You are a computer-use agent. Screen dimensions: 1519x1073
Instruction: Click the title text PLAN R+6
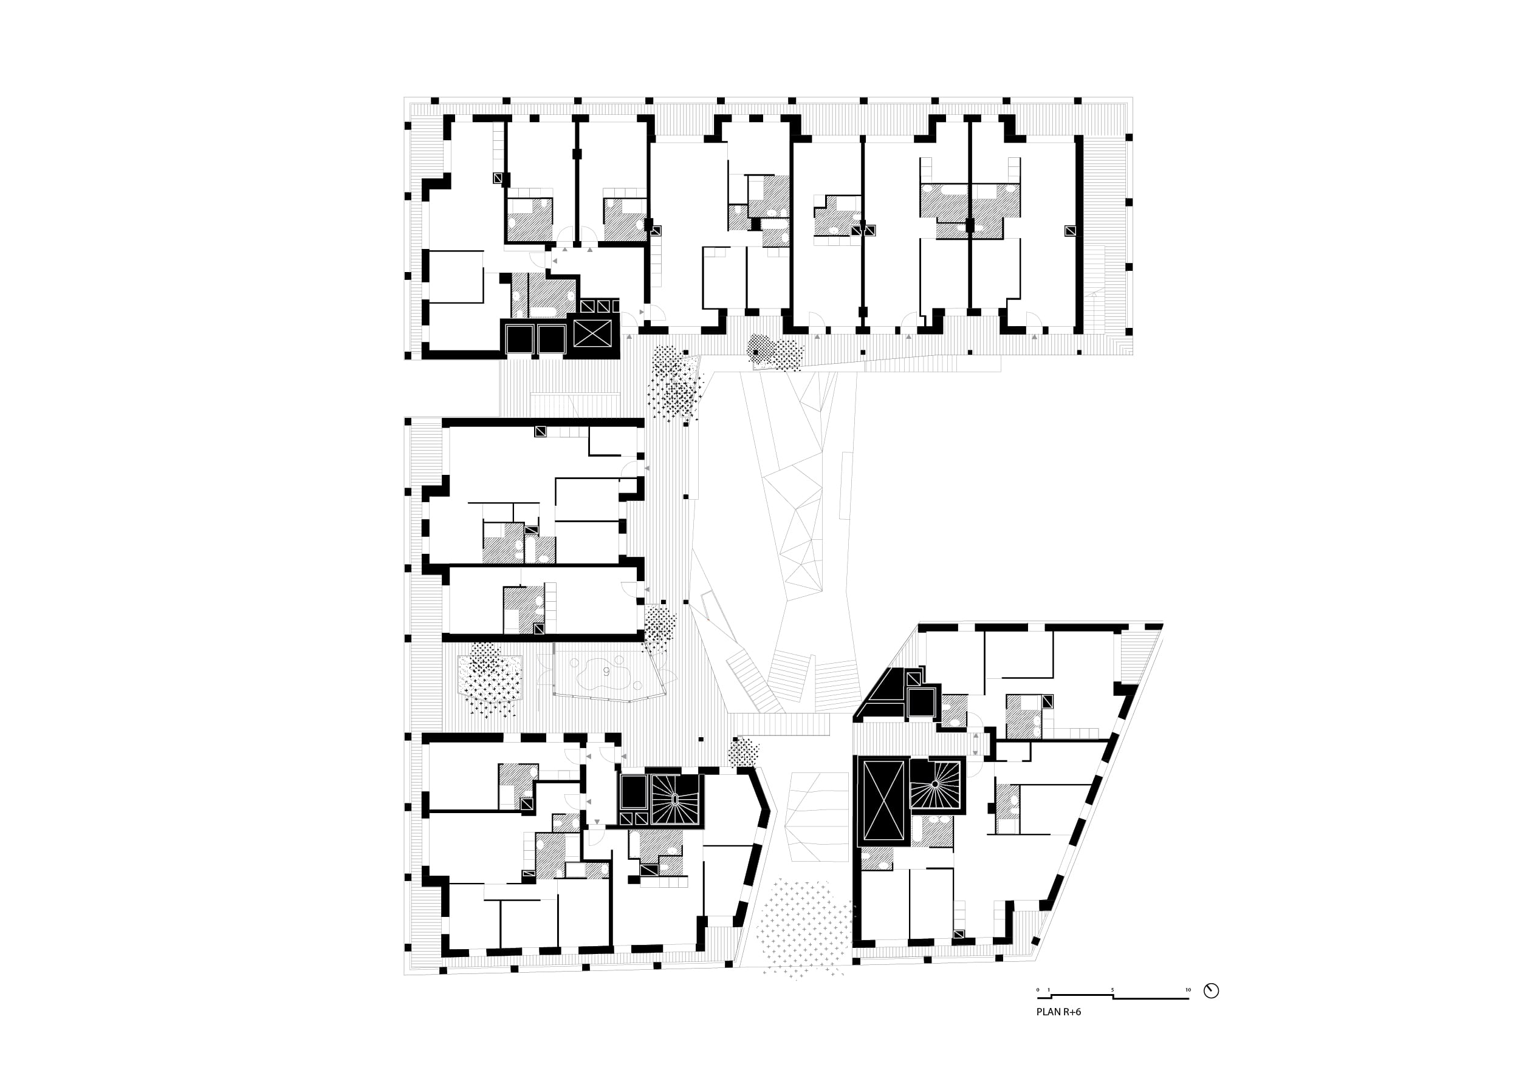pos(1058,1030)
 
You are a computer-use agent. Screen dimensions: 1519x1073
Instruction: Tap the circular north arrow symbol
pos(1212,1009)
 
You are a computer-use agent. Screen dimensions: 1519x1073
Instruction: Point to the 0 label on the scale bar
pos(1038,1008)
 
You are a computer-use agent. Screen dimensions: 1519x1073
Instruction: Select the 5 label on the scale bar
pos(1112,1008)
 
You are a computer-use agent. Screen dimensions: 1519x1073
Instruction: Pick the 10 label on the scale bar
pos(1188,1008)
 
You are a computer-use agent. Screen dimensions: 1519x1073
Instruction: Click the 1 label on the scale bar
pos(1049,1008)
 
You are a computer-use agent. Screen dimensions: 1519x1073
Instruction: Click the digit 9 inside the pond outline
pos(606,672)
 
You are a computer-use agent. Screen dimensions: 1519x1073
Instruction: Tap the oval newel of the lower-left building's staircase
pos(675,799)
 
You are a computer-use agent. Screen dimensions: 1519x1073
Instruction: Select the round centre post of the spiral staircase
pos(936,784)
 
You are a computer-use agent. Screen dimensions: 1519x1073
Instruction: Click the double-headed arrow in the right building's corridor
pos(975,744)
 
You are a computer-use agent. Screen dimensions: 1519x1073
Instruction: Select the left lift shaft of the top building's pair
pos(519,339)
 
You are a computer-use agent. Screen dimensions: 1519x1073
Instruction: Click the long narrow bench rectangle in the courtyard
pos(845,485)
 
